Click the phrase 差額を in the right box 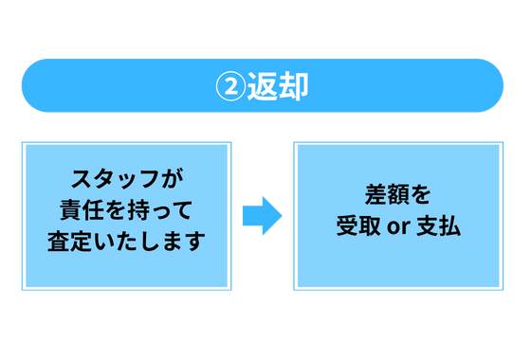(397, 196)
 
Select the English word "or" (398, 228)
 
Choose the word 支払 (439, 227)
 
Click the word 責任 (80, 208)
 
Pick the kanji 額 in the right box (397, 196)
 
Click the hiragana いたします (147, 240)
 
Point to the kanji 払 (449, 227)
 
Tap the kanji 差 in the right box (375, 196)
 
